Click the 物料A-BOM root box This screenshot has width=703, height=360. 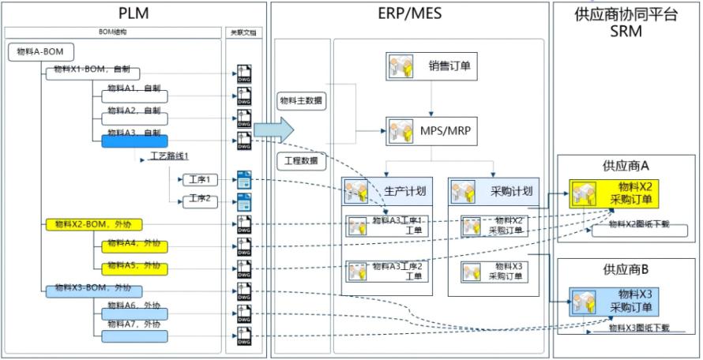pos(42,52)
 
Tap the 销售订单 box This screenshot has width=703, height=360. pos(432,67)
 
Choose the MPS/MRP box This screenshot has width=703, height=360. pos(432,131)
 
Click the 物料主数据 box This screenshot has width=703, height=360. pos(303,101)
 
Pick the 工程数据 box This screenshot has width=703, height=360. pos(303,161)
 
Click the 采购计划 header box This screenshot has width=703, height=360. pos(494,192)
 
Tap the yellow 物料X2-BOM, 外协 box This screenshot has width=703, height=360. pos(85,225)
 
